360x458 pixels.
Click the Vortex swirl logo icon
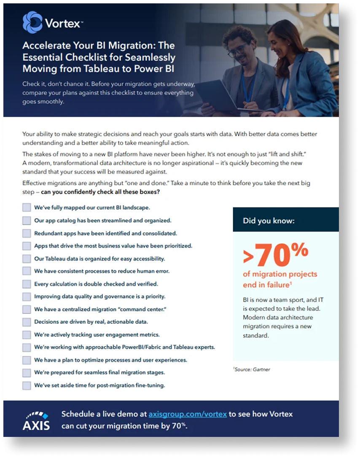(x=32, y=22)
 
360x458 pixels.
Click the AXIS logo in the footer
(x=36, y=420)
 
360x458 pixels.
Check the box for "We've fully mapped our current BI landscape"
(x=27, y=207)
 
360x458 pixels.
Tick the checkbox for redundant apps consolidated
(x=27, y=233)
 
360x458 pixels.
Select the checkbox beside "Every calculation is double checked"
(x=27, y=284)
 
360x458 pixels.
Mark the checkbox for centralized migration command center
(x=27, y=309)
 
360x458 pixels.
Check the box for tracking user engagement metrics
(x=27, y=334)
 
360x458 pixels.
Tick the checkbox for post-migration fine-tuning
(x=27, y=385)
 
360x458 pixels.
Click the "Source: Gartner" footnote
(x=252, y=369)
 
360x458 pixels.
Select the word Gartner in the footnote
(x=261, y=369)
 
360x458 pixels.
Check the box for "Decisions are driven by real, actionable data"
(x=27, y=322)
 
